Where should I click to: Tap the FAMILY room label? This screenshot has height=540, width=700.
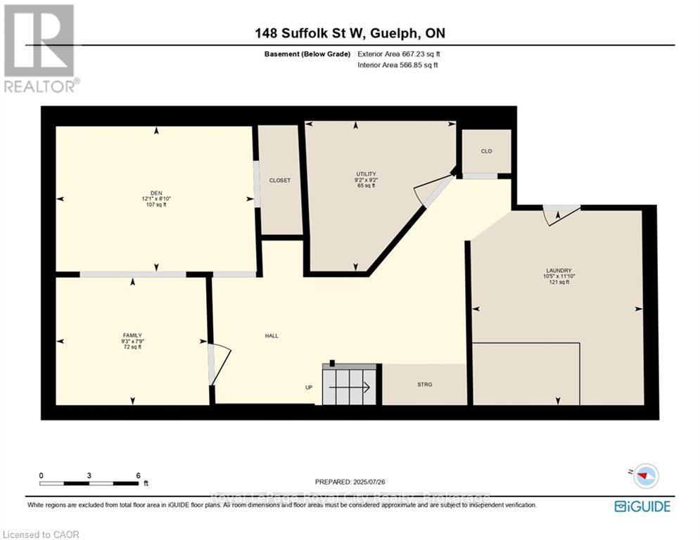click(132, 335)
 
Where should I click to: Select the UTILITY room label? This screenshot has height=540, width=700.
click(366, 174)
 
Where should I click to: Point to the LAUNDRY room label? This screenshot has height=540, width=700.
click(559, 270)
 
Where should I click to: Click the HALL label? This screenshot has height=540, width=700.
click(271, 336)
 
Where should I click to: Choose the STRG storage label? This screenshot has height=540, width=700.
click(424, 385)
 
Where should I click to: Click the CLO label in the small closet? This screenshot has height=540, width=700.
click(486, 151)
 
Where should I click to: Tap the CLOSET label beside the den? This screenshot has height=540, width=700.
click(280, 181)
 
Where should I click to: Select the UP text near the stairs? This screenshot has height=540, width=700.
click(308, 387)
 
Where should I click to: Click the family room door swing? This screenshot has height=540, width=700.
click(219, 364)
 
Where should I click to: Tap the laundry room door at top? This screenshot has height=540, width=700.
click(561, 213)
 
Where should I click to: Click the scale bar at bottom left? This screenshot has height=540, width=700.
click(89, 483)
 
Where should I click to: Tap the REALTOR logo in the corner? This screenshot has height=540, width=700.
click(41, 48)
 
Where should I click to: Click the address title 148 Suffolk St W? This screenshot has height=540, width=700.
click(350, 33)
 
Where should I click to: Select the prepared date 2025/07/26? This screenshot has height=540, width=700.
click(350, 482)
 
